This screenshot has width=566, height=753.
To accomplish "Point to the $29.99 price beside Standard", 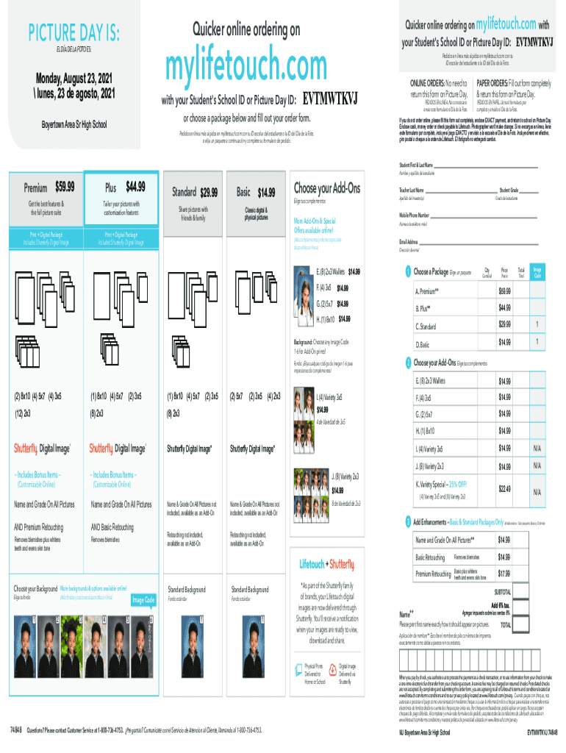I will tap(208, 193).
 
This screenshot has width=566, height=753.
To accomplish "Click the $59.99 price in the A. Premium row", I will tap(504, 290).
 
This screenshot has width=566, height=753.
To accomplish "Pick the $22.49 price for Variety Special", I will tap(504, 488).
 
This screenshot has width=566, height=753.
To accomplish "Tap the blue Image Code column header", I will tap(537, 272).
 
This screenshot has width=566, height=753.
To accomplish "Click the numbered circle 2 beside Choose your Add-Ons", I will tap(408, 362).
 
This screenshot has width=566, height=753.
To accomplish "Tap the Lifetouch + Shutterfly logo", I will tap(326, 564).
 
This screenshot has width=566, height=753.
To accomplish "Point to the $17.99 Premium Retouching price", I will tap(504, 573).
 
